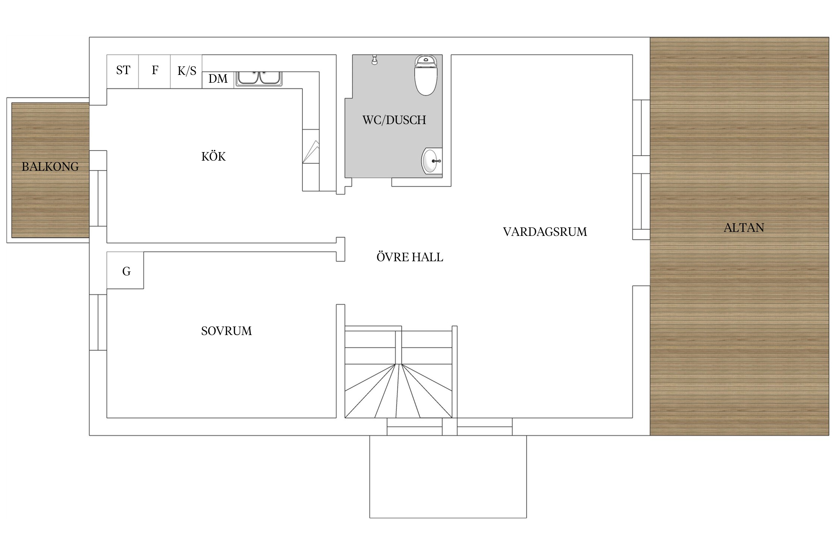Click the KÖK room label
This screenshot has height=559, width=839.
[x=213, y=156]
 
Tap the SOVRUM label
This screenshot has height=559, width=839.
[x=226, y=331]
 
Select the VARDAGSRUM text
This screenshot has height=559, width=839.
[x=545, y=232]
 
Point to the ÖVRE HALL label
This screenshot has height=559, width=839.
[x=410, y=257]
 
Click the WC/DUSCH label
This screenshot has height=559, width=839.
[x=394, y=120]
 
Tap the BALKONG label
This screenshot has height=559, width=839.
[x=50, y=167]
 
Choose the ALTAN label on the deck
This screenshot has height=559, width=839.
[x=744, y=228]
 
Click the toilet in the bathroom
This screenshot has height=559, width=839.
[x=426, y=75]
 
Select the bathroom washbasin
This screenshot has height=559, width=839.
[x=432, y=161]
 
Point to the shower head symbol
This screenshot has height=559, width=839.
[x=374, y=60]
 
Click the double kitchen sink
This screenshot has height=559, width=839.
[x=259, y=79]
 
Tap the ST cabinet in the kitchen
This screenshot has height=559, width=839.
[x=123, y=72]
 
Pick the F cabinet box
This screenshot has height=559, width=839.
[x=155, y=72]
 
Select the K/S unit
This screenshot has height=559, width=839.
[x=186, y=72]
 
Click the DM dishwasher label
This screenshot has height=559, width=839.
[x=218, y=79]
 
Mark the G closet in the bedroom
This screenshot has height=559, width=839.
[x=125, y=270]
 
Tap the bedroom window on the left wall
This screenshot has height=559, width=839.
[x=98, y=322]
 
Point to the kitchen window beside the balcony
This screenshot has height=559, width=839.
[x=98, y=198]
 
